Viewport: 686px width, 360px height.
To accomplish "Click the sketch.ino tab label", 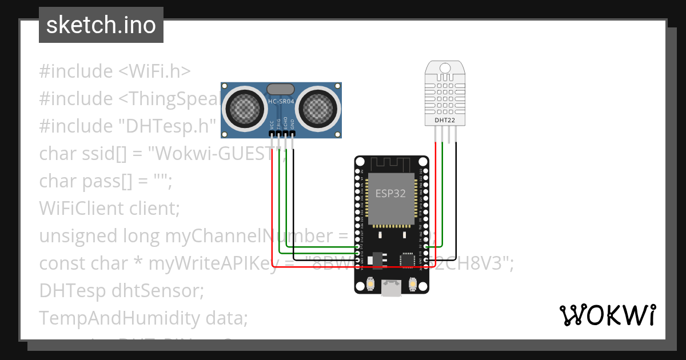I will (x=101, y=25).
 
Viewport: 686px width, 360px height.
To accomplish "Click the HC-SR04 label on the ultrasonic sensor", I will (x=281, y=102).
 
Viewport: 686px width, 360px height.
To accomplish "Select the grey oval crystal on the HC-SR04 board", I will (x=281, y=89).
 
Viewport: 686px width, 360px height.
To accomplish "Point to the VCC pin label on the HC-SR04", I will (x=271, y=124).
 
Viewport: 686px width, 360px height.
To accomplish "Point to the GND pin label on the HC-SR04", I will (x=293, y=124).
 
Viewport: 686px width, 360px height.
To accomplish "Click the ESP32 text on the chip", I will (x=390, y=193).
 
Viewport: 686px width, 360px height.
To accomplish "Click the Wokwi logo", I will (x=607, y=315).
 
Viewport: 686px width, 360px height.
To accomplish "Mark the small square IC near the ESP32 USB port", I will (x=408, y=261).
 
